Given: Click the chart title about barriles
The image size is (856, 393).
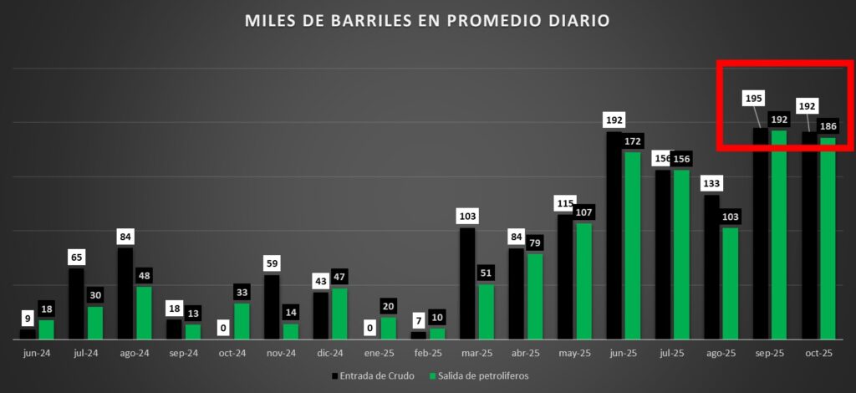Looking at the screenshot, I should [427, 19].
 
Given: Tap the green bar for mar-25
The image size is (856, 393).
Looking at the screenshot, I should [486, 311].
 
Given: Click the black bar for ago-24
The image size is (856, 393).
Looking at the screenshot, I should [125, 293].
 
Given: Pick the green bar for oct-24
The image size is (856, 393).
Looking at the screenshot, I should [242, 320].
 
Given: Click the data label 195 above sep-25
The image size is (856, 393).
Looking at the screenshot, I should [753, 98].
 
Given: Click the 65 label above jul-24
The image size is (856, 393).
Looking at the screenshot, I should [76, 257].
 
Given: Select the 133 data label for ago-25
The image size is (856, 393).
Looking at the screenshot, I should [711, 183].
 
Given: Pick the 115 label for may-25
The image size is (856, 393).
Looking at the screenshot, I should [566, 203].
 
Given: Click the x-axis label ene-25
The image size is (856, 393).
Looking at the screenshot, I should [379, 354].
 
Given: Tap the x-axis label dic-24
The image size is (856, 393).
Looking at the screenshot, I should [330, 354].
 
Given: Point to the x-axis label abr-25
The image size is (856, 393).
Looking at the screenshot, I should [525, 354].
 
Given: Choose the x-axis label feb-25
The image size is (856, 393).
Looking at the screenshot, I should [428, 354].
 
